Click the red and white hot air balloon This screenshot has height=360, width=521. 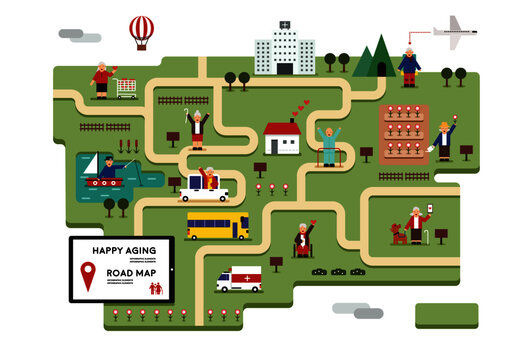coord(142,29)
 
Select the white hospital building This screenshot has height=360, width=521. coord(284,50)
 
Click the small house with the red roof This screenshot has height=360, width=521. coord(282,138)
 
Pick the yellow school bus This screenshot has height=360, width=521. coord(218,225)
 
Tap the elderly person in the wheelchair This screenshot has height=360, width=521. coord(302,240)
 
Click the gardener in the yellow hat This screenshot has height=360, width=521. coord(442,139)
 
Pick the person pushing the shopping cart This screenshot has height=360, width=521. coord(101,80)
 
